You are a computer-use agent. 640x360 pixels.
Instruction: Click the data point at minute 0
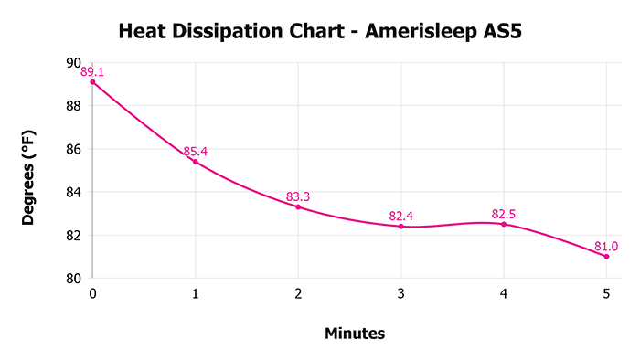[92, 82]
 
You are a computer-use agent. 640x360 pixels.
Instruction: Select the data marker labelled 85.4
[195, 162]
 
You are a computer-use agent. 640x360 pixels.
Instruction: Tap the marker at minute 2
[298, 206]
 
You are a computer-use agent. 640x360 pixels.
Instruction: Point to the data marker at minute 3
[400, 226]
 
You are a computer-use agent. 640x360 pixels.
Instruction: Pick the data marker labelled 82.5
[504, 224]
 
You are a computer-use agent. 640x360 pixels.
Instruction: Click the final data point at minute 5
[606, 256]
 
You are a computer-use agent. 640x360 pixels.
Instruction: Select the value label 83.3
[298, 196]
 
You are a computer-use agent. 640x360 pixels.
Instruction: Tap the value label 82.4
[400, 216]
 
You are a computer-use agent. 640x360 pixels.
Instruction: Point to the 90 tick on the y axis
[73, 63]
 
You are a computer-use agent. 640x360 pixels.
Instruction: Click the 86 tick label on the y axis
[73, 149]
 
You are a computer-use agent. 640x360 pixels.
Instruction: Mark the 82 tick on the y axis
[73, 235]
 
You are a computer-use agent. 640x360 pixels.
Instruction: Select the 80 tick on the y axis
[73, 278]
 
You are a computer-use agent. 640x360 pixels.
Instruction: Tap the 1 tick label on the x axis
[195, 294]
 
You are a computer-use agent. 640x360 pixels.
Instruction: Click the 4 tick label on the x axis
[504, 294]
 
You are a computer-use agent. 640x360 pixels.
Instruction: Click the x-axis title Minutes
[355, 334]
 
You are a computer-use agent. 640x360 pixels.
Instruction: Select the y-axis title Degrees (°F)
[30, 171]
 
